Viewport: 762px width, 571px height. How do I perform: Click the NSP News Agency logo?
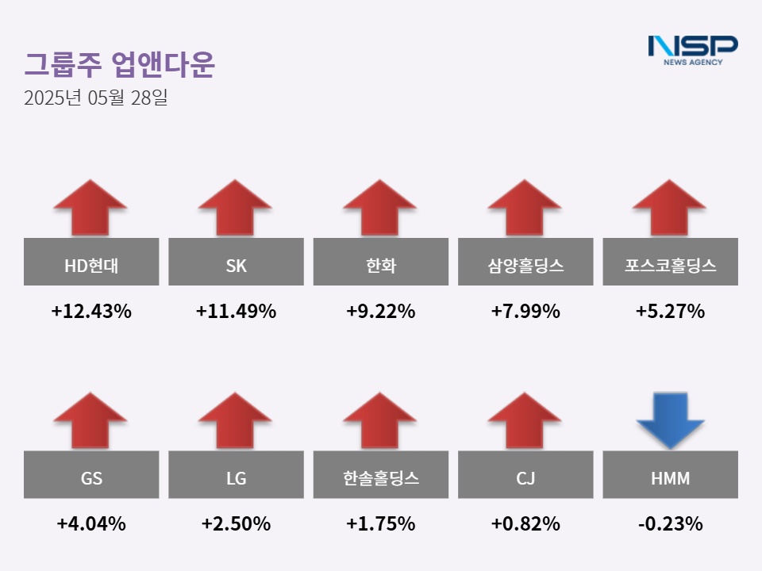(692, 50)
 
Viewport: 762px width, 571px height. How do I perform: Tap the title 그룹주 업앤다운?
(119, 65)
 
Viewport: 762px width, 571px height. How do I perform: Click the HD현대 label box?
(91, 262)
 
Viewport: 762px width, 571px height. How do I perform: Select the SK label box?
(236, 262)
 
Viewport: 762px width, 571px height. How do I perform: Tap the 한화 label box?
(381, 262)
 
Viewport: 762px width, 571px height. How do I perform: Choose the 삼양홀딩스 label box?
(525, 262)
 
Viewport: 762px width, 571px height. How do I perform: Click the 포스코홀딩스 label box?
(671, 262)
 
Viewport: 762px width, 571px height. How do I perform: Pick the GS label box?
(91, 474)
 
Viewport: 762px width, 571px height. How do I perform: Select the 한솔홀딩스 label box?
(381, 474)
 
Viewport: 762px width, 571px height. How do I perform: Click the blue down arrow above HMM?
(671, 420)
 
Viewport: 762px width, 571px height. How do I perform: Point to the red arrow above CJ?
(525, 420)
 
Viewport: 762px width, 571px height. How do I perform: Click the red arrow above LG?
(235, 420)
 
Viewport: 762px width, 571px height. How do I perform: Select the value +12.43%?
(91, 312)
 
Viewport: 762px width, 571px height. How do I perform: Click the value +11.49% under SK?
(236, 312)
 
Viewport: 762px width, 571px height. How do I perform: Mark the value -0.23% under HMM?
(671, 524)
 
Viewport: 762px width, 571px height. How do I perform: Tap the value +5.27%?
(671, 312)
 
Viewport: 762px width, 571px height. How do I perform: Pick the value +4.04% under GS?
(91, 524)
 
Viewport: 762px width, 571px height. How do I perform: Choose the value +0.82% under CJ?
(525, 524)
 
